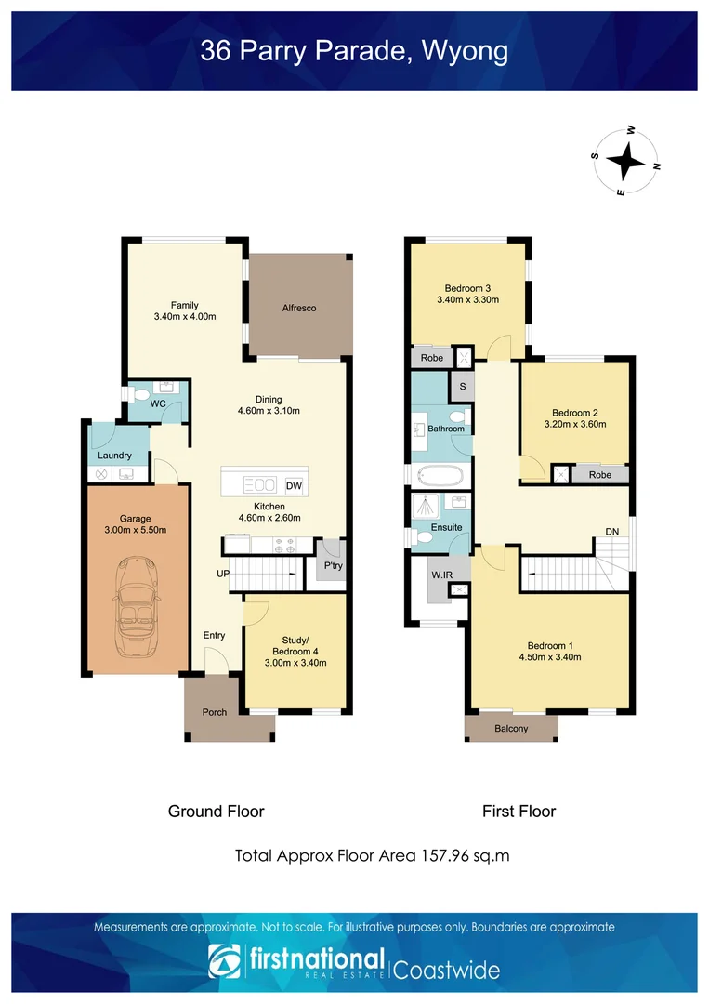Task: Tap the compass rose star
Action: point(625,161)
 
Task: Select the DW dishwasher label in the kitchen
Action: point(294,486)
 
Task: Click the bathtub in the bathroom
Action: point(440,476)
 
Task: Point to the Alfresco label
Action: point(299,308)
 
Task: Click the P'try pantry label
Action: point(334,565)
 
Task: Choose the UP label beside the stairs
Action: point(223,574)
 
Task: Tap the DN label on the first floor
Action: point(611,532)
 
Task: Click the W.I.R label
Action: point(441,575)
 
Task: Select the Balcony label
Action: point(511,729)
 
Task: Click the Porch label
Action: point(215,712)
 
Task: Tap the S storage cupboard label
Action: point(463,387)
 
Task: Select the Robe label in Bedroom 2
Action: point(600,474)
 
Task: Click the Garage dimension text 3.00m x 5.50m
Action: point(136,530)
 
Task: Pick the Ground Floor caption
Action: point(217,812)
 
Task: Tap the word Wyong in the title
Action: point(466,51)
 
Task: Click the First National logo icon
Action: point(225,961)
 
